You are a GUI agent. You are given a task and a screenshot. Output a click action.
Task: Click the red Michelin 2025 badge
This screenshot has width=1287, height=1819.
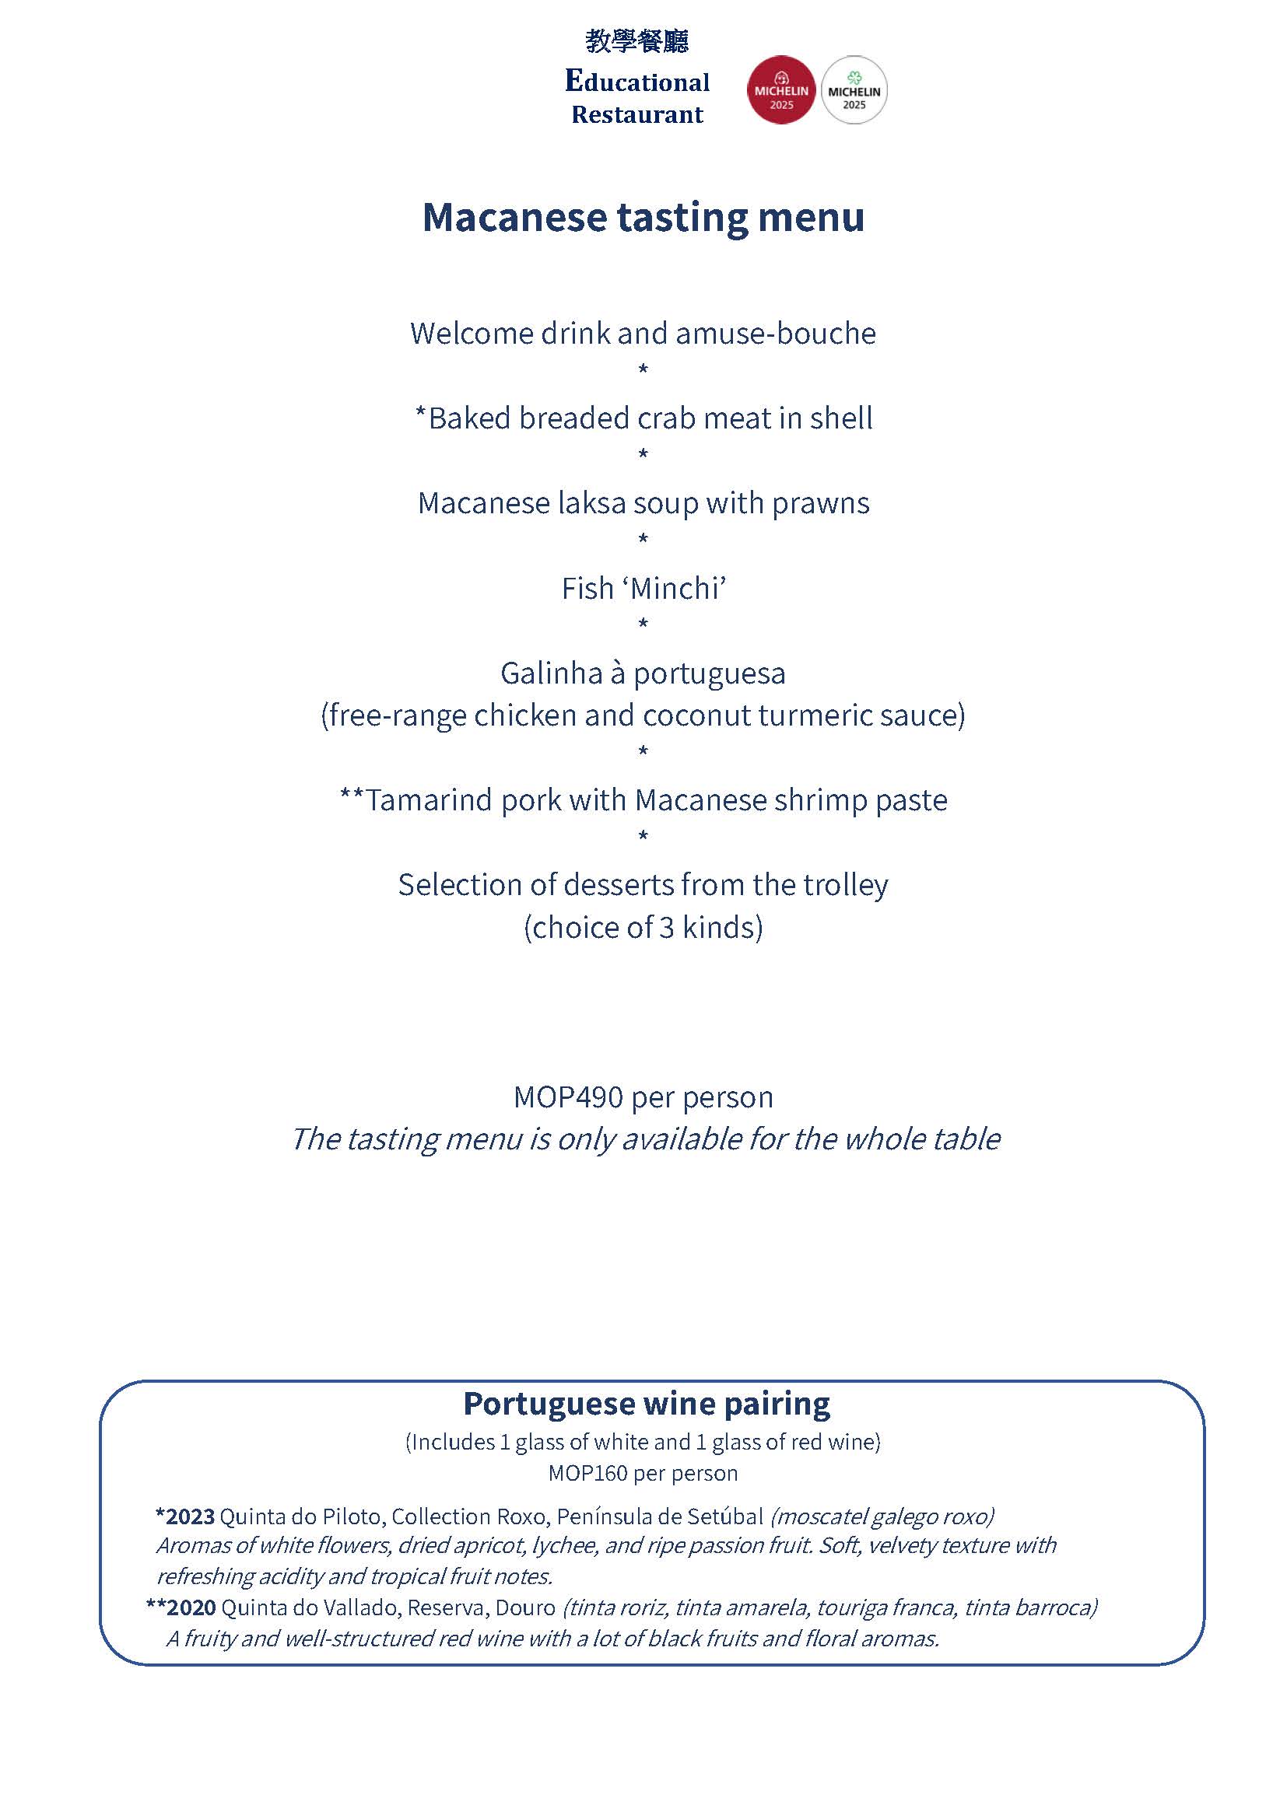tap(780, 89)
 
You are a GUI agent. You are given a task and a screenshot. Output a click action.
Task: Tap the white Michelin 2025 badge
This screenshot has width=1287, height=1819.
tap(854, 89)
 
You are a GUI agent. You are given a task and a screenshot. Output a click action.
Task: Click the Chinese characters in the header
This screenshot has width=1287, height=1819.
tap(637, 41)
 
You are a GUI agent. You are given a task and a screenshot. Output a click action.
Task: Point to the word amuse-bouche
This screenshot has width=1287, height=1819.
tap(776, 334)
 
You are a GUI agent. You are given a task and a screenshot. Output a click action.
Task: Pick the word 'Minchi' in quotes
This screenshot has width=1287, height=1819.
tap(679, 589)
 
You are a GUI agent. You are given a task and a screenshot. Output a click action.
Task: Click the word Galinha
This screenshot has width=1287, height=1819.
tap(552, 673)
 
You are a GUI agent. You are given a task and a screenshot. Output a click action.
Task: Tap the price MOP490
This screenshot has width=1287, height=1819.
tap(568, 1097)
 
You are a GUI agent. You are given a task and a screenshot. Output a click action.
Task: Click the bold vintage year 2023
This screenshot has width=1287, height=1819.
tap(190, 1516)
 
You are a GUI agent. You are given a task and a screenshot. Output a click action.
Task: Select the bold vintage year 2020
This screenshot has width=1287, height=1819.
tap(191, 1607)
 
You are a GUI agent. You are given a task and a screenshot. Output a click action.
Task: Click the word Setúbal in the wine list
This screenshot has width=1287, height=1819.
tap(724, 1516)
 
